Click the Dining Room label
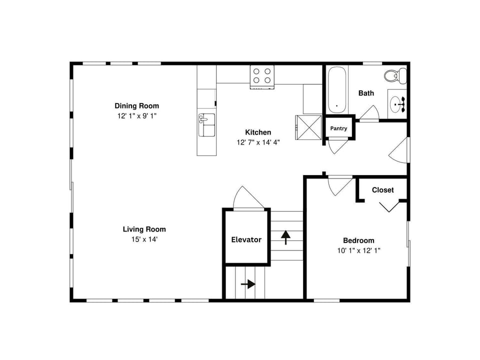click(137, 106)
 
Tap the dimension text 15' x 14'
click(144, 239)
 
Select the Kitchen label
click(258, 132)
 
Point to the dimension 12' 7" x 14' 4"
click(258, 142)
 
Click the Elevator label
click(246, 239)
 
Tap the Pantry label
click(338, 128)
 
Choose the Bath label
click(366, 93)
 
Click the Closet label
click(382, 190)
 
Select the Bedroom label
click(358, 240)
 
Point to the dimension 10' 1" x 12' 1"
click(359, 250)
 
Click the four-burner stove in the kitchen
click(262, 77)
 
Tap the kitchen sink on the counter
click(206, 125)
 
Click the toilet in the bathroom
click(395, 75)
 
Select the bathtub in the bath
click(337, 89)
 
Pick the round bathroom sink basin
click(396, 104)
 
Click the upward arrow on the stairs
click(285, 237)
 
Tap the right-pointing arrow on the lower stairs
click(248, 284)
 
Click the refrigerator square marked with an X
click(308, 127)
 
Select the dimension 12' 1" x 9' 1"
click(137, 116)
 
